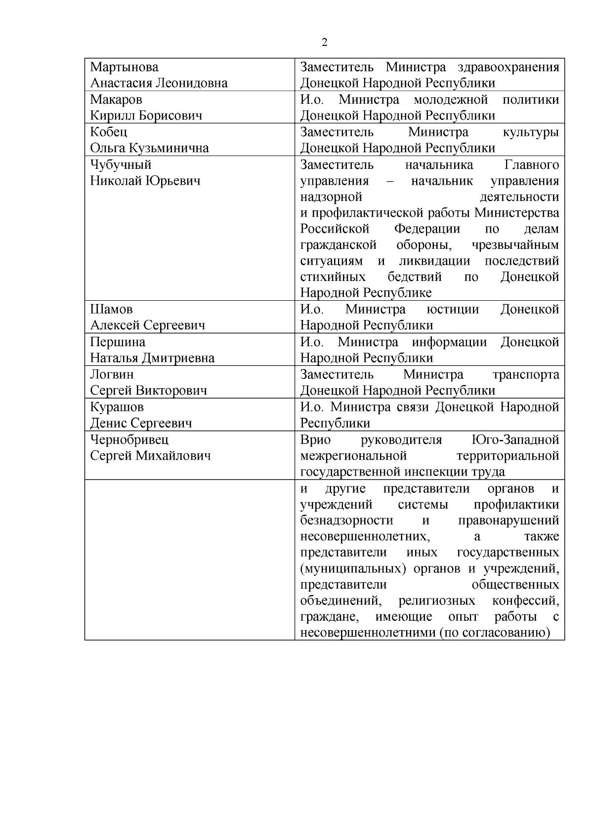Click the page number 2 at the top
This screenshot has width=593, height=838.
coord(324,42)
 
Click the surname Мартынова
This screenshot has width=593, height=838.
coord(124,67)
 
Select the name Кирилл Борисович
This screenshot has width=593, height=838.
coord(146,116)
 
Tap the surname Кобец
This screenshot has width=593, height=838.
coord(108,132)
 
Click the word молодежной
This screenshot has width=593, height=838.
coord(451,100)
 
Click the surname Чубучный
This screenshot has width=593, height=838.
coord(121,165)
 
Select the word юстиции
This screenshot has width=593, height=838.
coord(453,310)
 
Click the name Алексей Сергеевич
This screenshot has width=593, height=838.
coord(147,325)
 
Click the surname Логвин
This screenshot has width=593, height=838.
coord(112,375)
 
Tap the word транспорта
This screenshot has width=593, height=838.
coord(526,375)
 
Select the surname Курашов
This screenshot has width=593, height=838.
coord(117,407)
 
